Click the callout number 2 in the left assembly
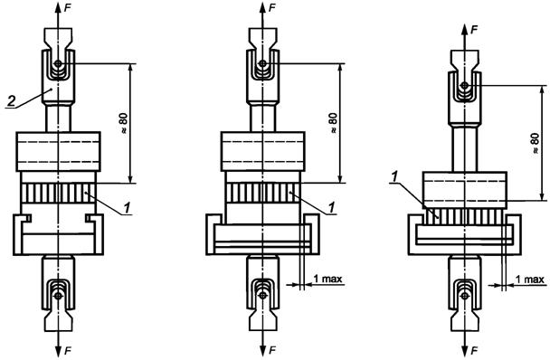[11, 101]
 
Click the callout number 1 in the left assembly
[127, 208]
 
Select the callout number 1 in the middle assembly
[331, 208]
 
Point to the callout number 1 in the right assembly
[395, 177]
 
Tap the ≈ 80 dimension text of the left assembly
[123, 124]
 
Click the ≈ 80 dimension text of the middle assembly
[333, 123]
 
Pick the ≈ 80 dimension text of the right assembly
[535, 143]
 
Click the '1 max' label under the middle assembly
[327, 279]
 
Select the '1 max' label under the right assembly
[530, 279]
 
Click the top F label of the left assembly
[68, 8]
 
